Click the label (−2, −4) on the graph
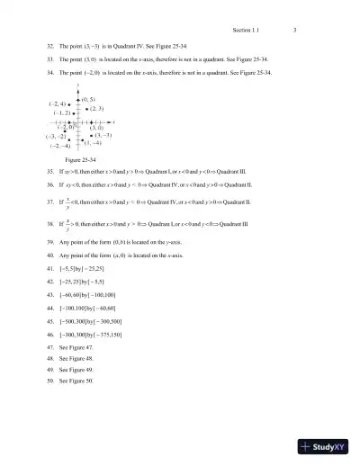[61, 146]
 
